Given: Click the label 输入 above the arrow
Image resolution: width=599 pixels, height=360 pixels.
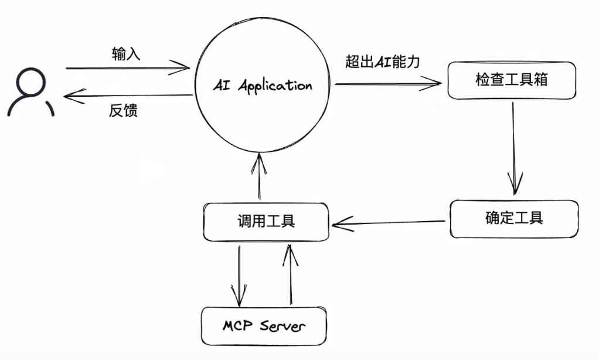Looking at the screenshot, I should pyautogui.click(x=125, y=55).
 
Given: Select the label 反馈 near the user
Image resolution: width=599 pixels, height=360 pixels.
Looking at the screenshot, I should pyautogui.click(x=123, y=111).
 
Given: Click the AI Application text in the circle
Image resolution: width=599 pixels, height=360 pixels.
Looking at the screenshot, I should pyautogui.click(x=262, y=85).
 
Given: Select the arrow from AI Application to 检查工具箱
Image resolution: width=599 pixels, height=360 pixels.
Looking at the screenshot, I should pyautogui.click(x=387, y=84).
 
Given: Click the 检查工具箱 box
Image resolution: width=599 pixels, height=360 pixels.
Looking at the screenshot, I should pyautogui.click(x=511, y=80).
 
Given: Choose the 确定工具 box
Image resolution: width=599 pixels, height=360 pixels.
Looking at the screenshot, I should pyautogui.click(x=514, y=218).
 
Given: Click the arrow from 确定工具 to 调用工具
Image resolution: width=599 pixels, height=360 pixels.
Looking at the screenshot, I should pyautogui.click(x=389, y=223).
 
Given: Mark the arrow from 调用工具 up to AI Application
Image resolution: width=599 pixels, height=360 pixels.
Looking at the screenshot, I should pyautogui.click(x=260, y=176).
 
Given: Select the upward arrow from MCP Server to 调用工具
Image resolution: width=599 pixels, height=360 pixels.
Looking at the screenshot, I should pyautogui.click(x=288, y=273).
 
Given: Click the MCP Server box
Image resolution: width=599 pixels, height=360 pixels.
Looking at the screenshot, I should pyautogui.click(x=263, y=325).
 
